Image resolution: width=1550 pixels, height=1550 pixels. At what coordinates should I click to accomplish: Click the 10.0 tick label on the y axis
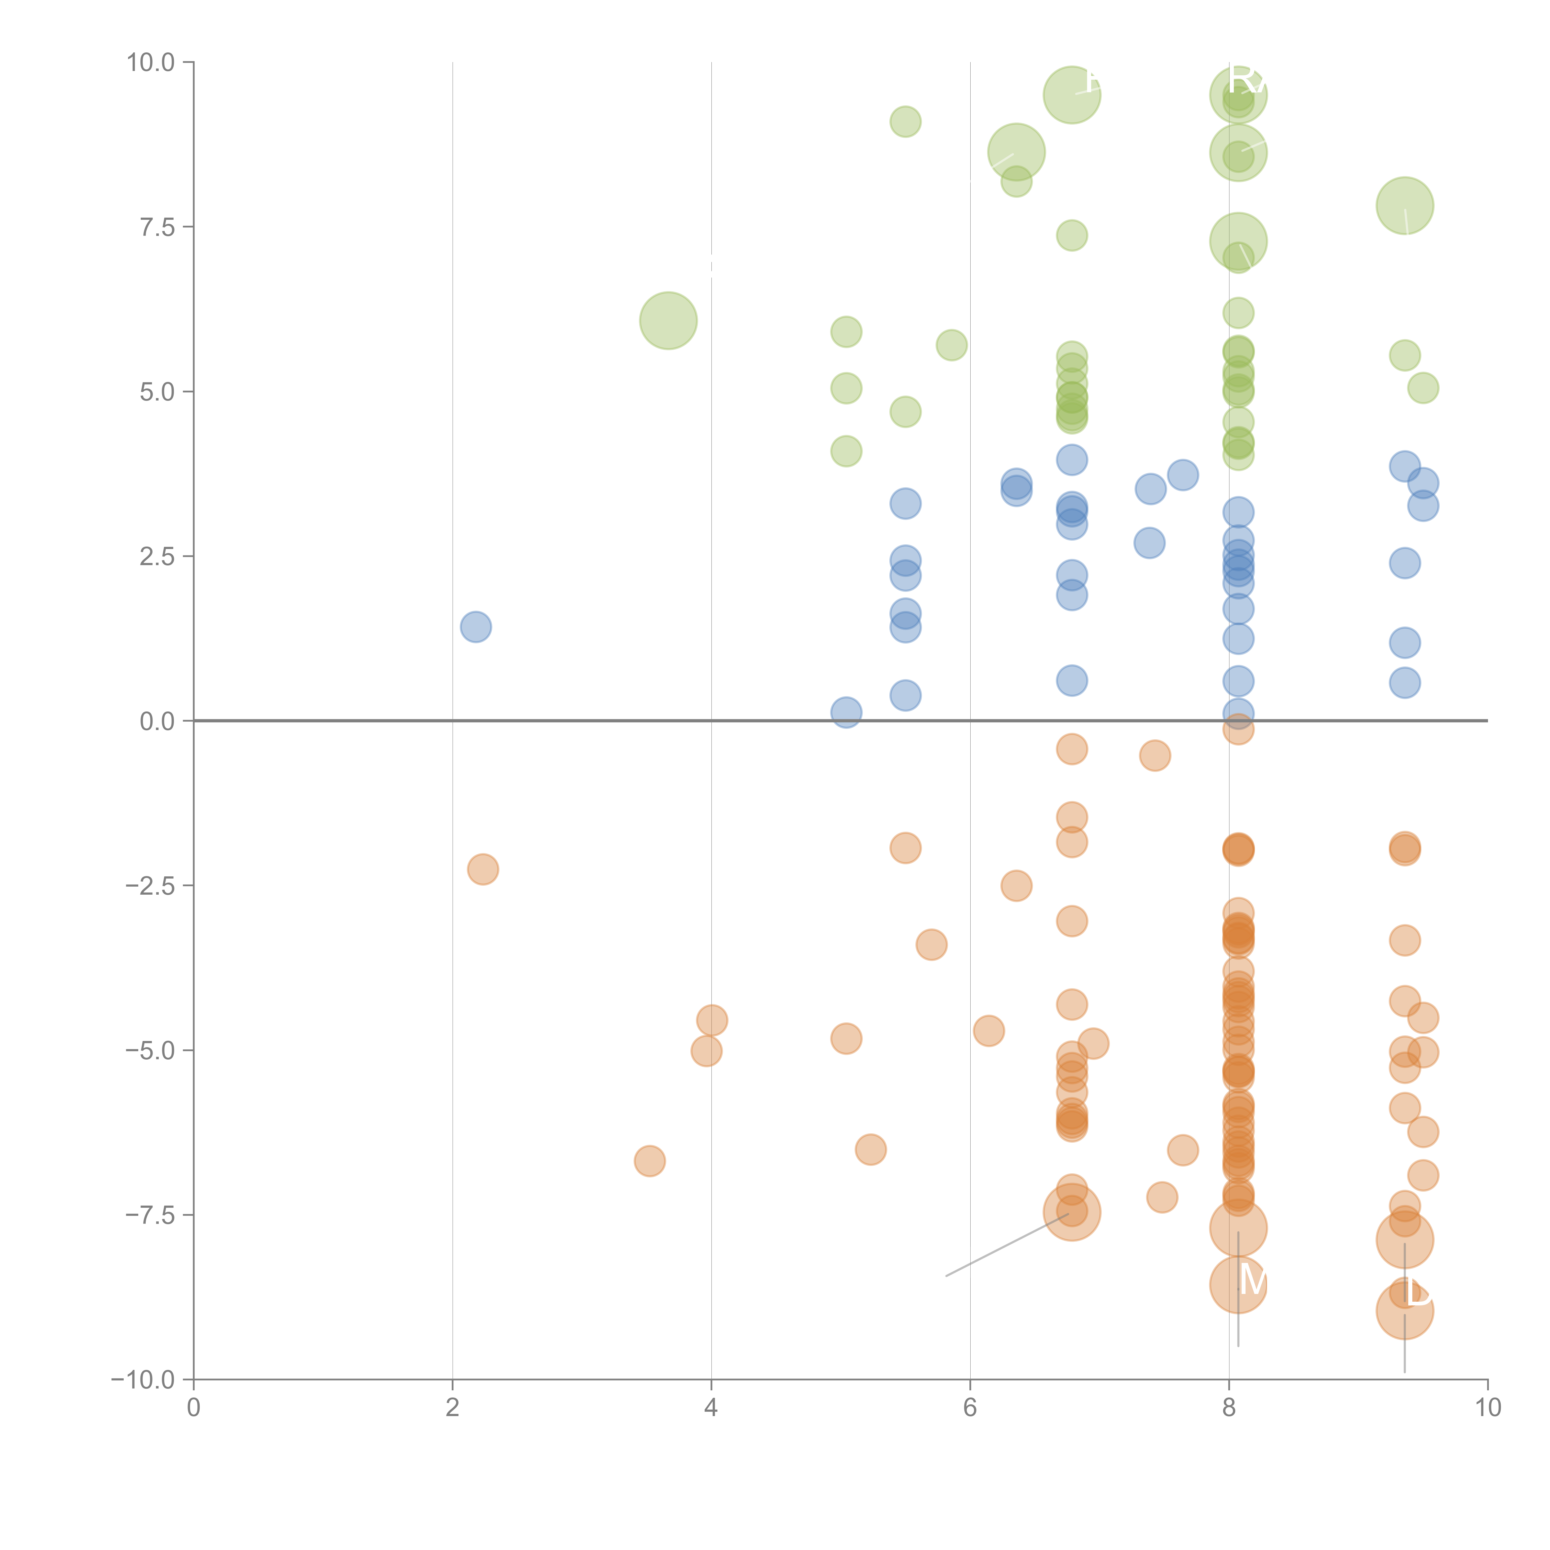pos(151,63)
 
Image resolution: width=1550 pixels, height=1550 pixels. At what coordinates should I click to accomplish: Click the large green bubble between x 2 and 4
pos(668,321)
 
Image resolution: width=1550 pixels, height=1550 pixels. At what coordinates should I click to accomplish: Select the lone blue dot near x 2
pos(476,627)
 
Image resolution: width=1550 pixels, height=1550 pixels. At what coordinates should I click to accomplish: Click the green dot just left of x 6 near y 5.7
pos(951,345)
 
